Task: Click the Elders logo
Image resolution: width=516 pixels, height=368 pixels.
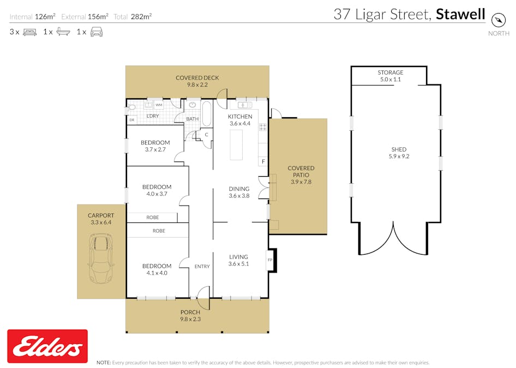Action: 47,347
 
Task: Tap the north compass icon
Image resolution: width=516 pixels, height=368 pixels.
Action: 499,20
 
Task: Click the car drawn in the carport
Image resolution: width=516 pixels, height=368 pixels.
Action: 100,260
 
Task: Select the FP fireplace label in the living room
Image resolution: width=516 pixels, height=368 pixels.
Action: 270,260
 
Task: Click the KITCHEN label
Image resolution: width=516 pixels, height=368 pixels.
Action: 240,117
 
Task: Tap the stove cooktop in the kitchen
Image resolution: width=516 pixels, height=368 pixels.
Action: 262,127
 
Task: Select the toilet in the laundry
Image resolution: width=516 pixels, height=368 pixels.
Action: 131,107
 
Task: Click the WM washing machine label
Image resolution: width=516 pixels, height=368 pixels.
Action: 159,105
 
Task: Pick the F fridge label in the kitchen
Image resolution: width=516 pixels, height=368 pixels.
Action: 263,162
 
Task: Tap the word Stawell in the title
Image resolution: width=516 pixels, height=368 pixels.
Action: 460,14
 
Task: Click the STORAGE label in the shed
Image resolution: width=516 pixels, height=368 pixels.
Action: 391,73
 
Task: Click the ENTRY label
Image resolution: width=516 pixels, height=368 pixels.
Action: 202,266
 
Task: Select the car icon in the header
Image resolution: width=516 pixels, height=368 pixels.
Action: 97,32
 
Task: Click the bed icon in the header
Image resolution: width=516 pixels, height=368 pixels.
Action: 29,32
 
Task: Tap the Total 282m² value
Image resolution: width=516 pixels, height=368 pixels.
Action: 141,17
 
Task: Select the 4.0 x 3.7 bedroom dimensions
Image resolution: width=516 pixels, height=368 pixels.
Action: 157,194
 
